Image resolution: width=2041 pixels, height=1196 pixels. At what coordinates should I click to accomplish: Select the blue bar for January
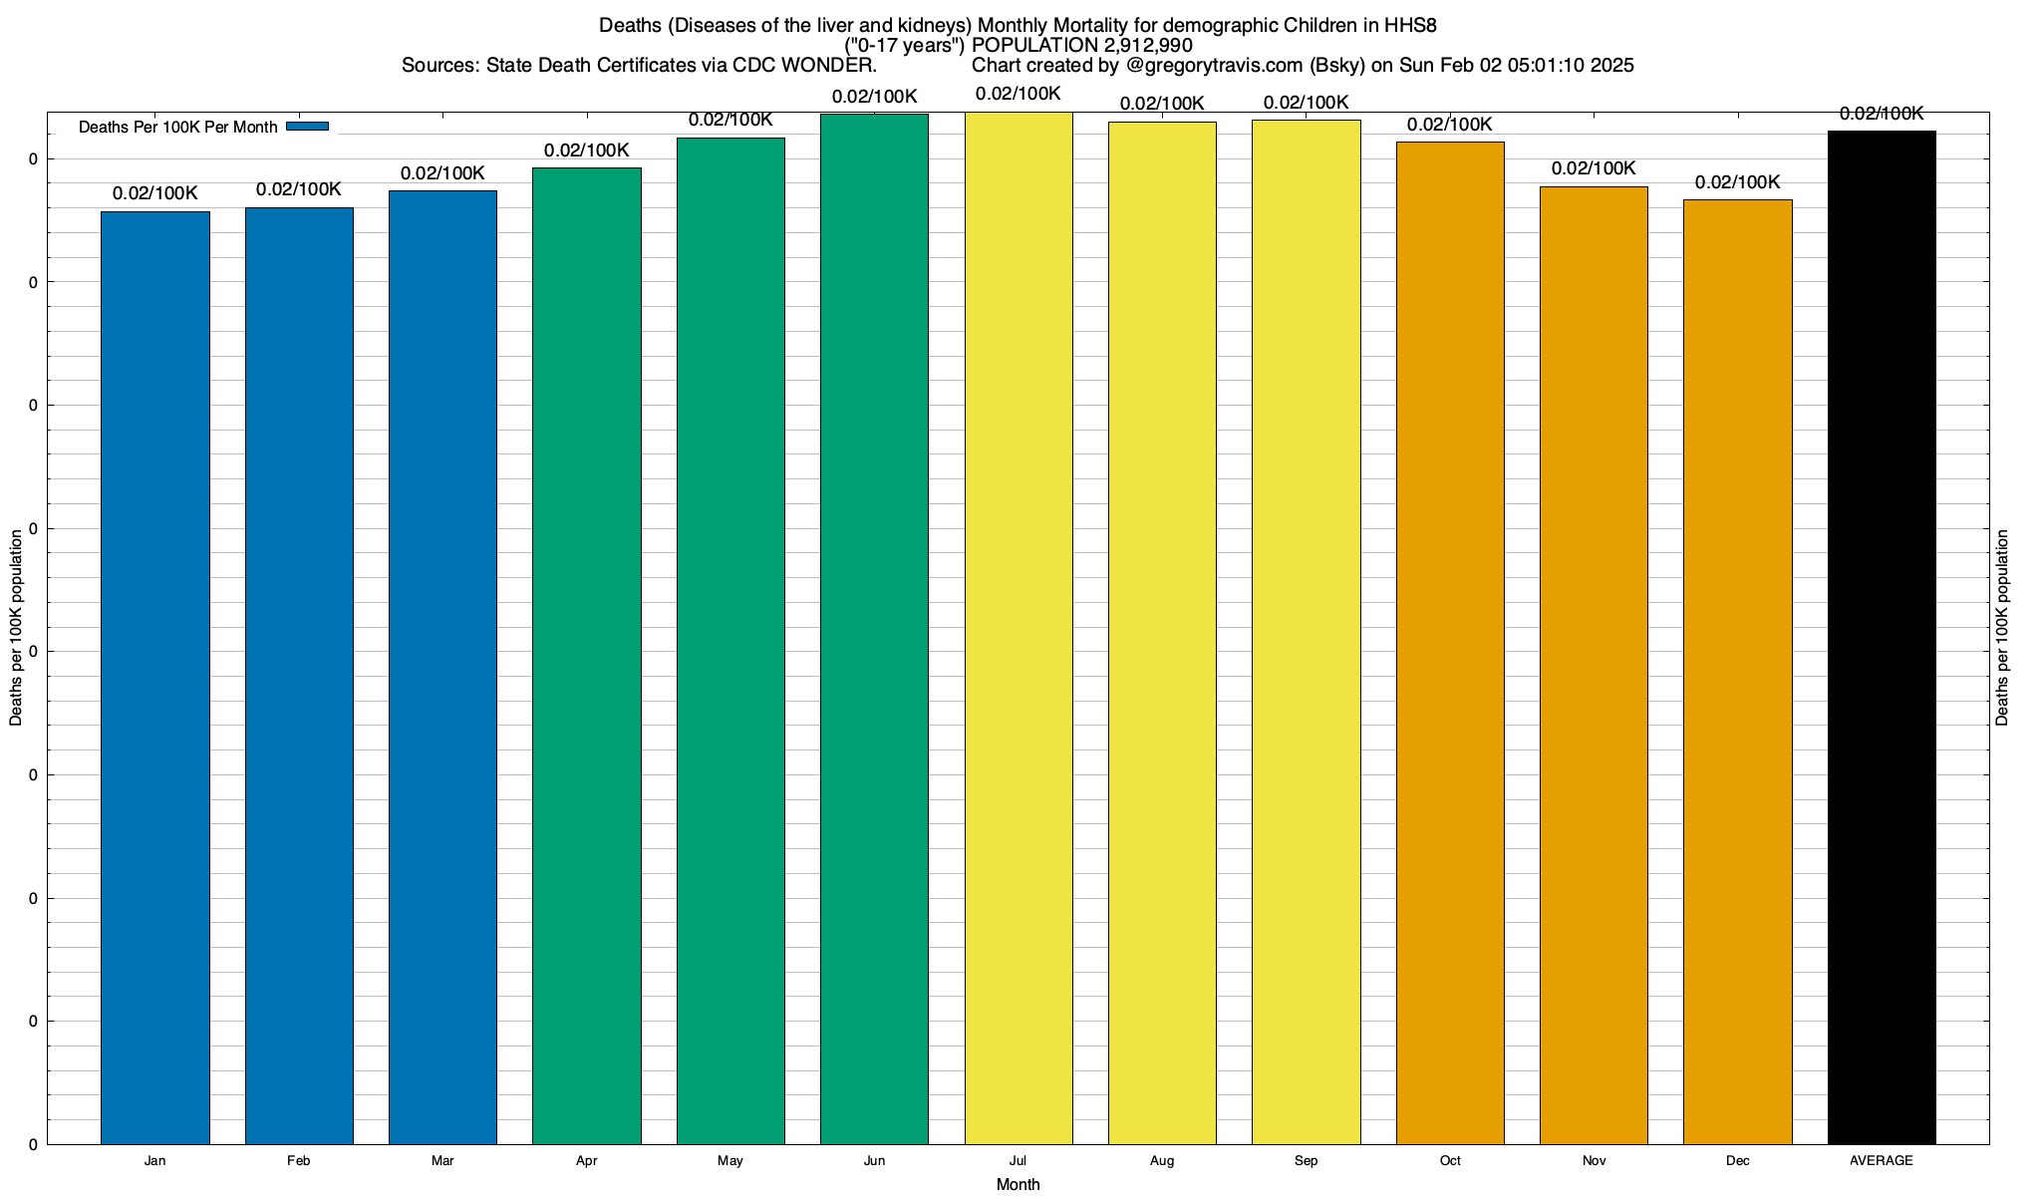tap(155, 678)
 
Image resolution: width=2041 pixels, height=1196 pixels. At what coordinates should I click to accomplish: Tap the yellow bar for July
tap(1019, 628)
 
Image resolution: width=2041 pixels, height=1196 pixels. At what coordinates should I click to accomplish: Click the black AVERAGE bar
tap(1882, 638)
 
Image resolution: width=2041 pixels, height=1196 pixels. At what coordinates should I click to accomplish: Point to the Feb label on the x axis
tap(298, 1160)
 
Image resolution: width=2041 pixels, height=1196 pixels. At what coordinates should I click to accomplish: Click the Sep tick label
tap(1306, 1160)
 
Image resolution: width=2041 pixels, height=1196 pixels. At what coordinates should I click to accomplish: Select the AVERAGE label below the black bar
tap(1882, 1160)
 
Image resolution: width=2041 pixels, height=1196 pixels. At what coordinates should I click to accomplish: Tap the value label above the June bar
tap(874, 97)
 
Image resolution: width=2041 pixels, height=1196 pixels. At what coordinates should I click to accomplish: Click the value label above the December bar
tap(1737, 182)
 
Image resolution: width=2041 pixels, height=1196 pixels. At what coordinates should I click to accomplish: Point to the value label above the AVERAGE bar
tap(1882, 114)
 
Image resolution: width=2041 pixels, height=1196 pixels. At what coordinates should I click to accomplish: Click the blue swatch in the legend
tap(307, 127)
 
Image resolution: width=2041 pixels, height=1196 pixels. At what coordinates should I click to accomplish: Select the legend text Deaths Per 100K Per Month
tap(177, 128)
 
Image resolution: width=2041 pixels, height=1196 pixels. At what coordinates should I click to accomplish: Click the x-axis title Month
tap(1018, 1184)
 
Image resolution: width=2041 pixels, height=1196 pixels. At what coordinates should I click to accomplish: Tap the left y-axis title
tap(16, 627)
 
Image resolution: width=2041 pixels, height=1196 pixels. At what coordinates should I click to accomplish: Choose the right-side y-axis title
tap(2002, 627)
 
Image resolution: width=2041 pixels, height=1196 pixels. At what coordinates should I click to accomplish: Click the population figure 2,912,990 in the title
tap(1148, 45)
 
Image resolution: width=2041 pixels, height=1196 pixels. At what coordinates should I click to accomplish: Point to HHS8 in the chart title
tap(1410, 25)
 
